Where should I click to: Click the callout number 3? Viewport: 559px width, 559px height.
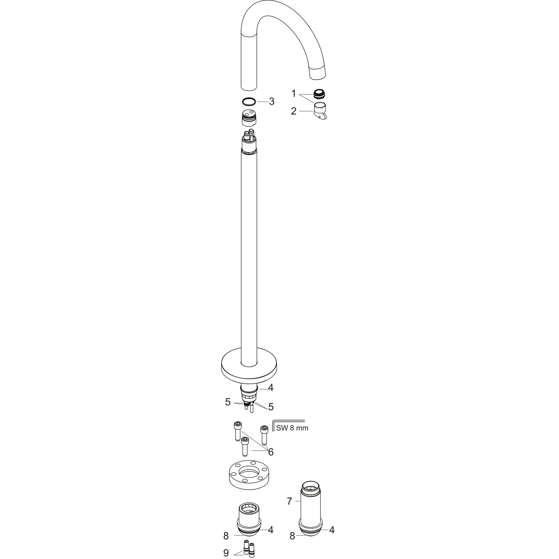(x=271, y=102)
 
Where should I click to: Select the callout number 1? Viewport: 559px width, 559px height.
(x=294, y=93)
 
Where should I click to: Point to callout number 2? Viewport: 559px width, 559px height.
(x=294, y=111)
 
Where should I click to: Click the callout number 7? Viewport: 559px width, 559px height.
(x=289, y=501)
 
